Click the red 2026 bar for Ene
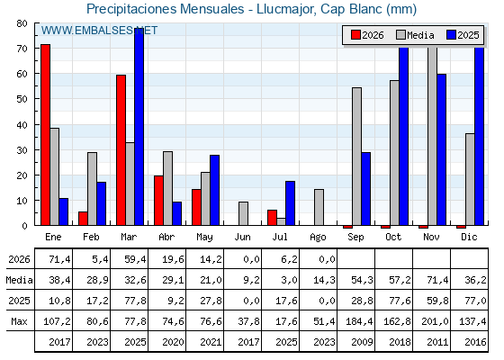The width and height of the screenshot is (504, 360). pyautogui.click(x=45, y=135)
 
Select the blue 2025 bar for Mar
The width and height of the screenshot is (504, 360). pyautogui.click(x=139, y=127)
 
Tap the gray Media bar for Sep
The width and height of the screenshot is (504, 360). pyautogui.click(x=356, y=157)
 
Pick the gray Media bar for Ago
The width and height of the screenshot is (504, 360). pyautogui.click(x=319, y=207)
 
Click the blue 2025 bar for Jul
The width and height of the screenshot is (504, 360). pyautogui.click(x=290, y=203)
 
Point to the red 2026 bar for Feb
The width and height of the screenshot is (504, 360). pyautogui.click(x=83, y=219)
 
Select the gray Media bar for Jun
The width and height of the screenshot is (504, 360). pyautogui.click(x=243, y=214)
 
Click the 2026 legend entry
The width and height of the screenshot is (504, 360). pyautogui.click(x=367, y=35)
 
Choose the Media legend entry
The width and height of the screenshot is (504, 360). pyautogui.click(x=415, y=35)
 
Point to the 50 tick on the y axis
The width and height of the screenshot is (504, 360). pyautogui.click(x=22, y=99)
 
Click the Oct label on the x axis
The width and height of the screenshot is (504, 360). pyautogui.click(x=393, y=238)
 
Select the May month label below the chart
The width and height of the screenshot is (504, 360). pyautogui.click(x=205, y=238)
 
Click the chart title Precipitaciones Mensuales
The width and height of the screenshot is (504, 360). pyautogui.click(x=166, y=9)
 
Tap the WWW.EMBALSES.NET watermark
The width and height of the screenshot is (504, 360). pyautogui.click(x=99, y=31)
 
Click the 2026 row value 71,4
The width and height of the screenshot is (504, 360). pyautogui.click(x=59, y=259)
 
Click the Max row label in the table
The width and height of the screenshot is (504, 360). pyautogui.click(x=19, y=321)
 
